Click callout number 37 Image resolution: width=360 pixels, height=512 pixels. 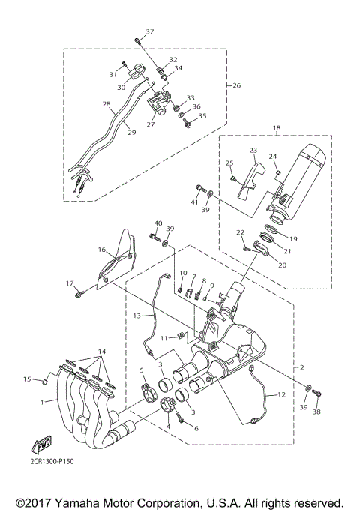[x=148, y=31]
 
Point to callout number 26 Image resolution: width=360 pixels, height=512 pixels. [x=236, y=85]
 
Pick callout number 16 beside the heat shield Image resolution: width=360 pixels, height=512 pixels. [x=100, y=249]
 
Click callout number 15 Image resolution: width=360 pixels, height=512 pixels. [x=28, y=379]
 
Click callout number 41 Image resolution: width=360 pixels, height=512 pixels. [x=193, y=202]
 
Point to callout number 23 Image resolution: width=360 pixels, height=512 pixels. [x=253, y=150]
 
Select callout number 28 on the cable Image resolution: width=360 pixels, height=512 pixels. [x=106, y=104]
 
